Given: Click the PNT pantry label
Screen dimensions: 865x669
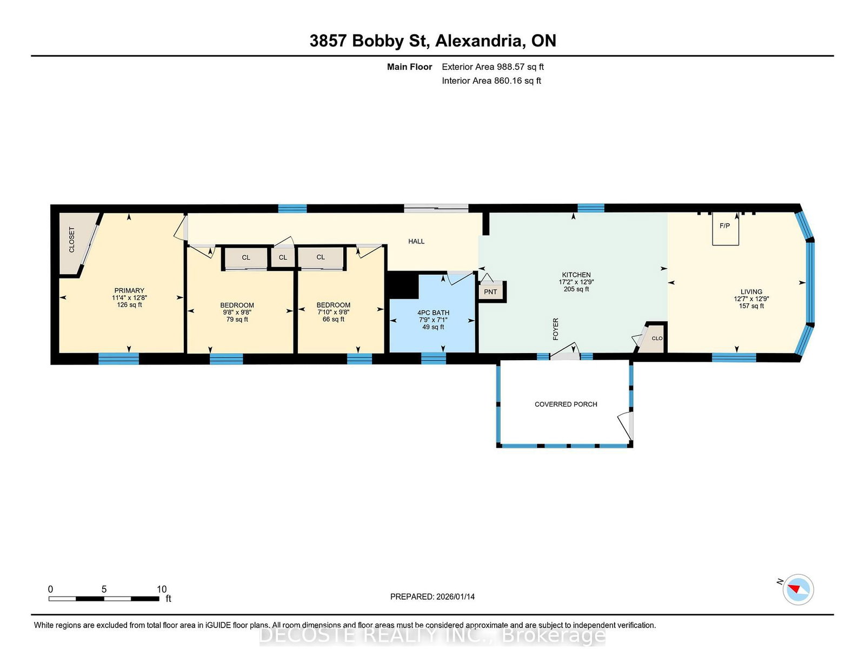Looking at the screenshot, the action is tap(490, 292).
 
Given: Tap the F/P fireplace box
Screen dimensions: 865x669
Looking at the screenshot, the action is tap(726, 229).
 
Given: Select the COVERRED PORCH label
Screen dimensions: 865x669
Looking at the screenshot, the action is tap(565, 404).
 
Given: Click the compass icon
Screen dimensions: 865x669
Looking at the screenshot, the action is tap(798, 589).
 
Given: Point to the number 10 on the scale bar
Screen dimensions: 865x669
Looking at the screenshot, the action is tap(161, 589).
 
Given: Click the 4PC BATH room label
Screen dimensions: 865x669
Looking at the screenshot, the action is tap(433, 313).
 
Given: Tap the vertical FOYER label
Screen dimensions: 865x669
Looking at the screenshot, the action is tap(556, 329).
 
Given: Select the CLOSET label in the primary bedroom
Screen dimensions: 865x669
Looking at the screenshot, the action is tap(72, 240).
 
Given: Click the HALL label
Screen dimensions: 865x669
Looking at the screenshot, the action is tap(416, 241).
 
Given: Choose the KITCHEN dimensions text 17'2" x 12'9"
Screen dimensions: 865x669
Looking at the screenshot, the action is tap(576, 282).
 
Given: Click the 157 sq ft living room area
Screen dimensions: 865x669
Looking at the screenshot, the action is tap(751, 306).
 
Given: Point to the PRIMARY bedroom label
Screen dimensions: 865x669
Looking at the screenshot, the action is tap(129, 291).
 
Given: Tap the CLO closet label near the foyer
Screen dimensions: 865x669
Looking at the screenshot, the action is tap(657, 339).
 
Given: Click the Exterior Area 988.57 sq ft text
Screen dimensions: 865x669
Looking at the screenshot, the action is tap(493, 67).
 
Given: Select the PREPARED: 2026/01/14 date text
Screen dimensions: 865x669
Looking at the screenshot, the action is tap(432, 597).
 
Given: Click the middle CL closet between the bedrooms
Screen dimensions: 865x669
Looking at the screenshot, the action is tap(283, 257).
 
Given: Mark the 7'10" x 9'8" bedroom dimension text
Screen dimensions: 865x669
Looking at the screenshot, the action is tap(333, 312).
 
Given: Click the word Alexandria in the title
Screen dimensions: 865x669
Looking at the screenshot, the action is tap(480, 41).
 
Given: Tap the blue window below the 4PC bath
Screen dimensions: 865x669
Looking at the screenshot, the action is tap(434, 359).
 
